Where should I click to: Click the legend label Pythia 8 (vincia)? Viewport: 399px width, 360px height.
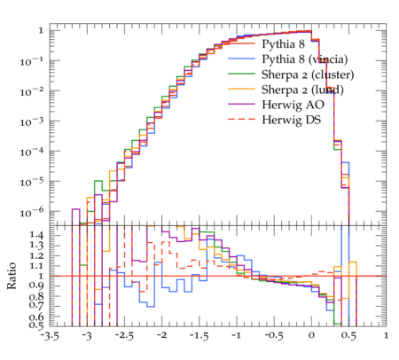305,59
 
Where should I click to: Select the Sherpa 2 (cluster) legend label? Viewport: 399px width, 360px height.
308,74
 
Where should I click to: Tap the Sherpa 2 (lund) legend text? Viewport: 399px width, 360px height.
302,90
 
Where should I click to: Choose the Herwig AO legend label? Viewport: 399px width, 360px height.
293,105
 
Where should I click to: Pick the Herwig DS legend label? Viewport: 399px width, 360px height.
292,120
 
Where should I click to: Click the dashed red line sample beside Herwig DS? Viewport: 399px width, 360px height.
241,119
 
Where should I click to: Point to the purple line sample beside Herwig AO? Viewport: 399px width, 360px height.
241,104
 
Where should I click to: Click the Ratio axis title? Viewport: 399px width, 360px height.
12,276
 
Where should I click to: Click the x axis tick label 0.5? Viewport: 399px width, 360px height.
348,336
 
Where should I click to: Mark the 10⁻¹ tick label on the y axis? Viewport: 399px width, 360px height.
30,62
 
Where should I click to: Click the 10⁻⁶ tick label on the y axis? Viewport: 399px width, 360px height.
30,212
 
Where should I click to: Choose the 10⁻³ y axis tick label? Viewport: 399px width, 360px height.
30,121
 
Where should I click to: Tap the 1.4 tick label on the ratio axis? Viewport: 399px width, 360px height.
37,235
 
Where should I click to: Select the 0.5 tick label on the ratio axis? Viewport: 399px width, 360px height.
37,325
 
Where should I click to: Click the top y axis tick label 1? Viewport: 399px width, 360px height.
41,30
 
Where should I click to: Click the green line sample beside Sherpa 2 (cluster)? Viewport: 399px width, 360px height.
241,74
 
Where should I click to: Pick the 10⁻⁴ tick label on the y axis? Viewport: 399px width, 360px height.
30,152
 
